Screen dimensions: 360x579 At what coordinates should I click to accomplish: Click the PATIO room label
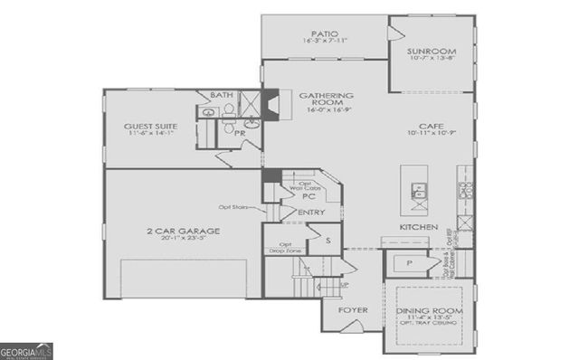click(x=323, y=33)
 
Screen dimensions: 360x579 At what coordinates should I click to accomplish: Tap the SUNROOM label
click(x=432, y=51)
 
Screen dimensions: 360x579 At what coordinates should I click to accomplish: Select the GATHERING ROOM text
click(x=326, y=99)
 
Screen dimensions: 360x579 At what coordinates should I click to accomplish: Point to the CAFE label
click(x=430, y=127)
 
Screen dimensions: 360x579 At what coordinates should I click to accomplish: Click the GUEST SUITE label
click(x=151, y=126)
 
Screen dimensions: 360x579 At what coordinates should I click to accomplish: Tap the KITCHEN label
click(x=420, y=226)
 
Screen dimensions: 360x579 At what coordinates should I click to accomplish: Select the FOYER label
click(x=352, y=310)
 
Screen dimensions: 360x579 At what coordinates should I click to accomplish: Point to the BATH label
click(x=221, y=95)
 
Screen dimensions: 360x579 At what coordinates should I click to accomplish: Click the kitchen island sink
click(x=420, y=191)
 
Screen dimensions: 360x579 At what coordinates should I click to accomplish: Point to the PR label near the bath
click(x=241, y=132)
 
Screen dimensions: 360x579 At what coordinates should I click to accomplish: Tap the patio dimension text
click(x=323, y=42)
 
